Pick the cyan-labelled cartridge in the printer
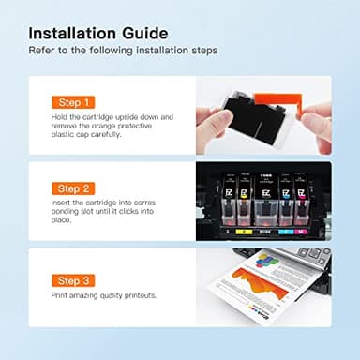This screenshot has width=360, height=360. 284,198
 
